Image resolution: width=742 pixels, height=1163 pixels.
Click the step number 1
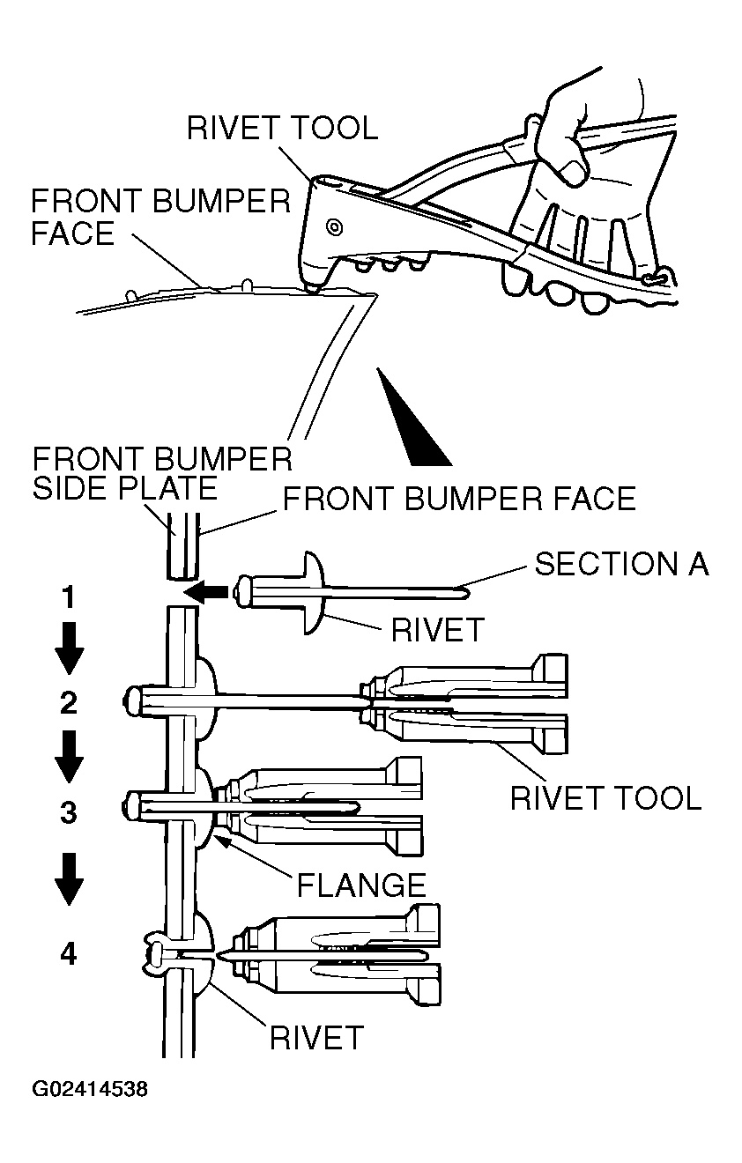(x=68, y=599)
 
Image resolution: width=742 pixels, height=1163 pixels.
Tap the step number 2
(x=68, y=702)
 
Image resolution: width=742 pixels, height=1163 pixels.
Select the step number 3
(x=68, y=811)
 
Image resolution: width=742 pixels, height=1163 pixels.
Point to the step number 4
(x=68, y=953)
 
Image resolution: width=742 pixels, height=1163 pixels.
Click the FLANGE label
(x=361, y=884)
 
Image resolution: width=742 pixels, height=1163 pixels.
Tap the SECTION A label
(x=621, y=563)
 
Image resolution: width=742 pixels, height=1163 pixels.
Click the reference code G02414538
(x=90, y=1090)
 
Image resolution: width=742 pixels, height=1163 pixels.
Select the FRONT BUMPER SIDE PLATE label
(x=161, y=472)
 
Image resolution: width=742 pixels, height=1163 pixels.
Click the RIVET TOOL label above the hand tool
(x=282, y=128)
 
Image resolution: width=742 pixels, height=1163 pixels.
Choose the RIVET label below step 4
(x=316, y=1037)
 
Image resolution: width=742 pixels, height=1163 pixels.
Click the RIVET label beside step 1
(x=438, y=629)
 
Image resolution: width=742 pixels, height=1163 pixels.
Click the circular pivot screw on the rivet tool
(x=334, y=226)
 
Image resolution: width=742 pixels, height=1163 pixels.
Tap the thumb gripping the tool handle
(x=573, y=167)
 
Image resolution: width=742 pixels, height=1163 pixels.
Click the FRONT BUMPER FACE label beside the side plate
(x=458, y=499)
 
